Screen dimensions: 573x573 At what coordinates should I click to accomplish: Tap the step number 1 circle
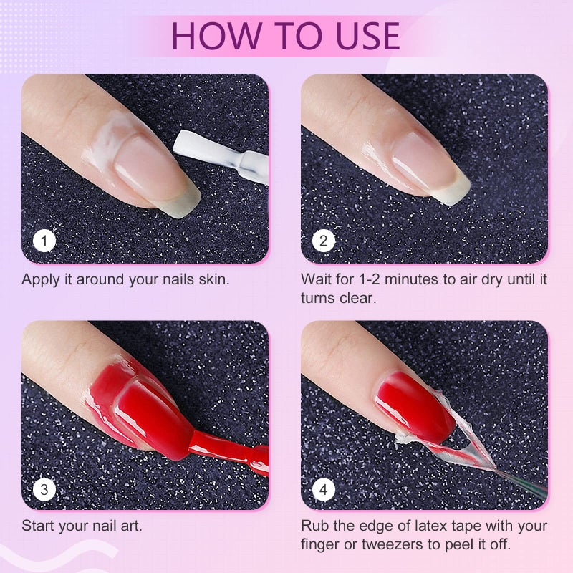44,241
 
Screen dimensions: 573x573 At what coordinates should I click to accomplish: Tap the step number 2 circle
324,241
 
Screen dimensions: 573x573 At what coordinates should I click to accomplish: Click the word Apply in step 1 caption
40,279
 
